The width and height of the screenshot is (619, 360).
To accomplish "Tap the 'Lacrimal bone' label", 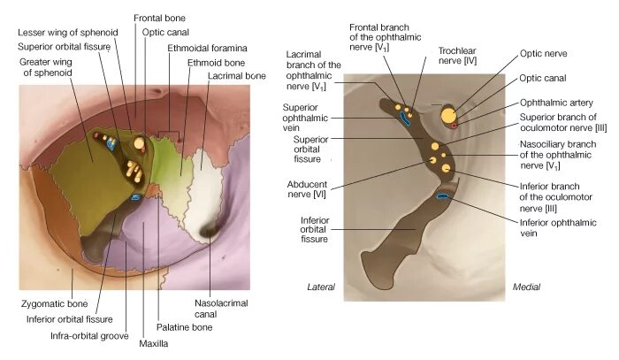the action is point(238,77).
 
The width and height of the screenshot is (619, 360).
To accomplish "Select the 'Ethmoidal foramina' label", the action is point(207,47).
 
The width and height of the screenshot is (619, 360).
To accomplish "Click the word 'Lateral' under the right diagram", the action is point(320,287).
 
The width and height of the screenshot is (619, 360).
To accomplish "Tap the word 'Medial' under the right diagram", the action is point(527,287).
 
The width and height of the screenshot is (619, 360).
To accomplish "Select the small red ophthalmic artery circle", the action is point(455,126).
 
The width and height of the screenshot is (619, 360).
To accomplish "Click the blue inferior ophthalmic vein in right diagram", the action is point(441,196).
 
